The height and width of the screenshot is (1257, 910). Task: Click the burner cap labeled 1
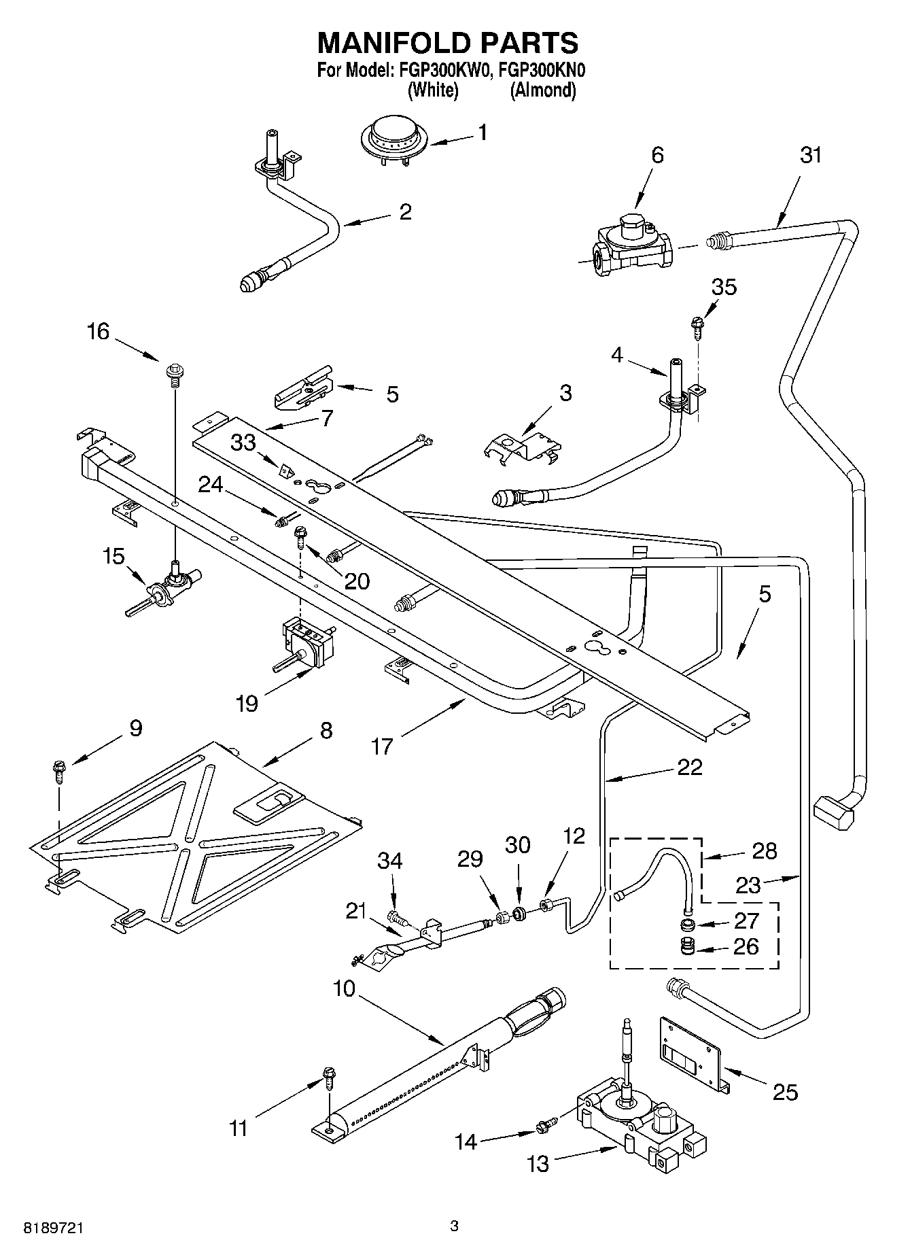point(388,140)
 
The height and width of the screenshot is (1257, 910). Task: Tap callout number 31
point(811,155)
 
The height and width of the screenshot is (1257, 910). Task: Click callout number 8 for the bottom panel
point(326,731)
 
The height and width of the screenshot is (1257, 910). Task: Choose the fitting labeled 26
point(689,947)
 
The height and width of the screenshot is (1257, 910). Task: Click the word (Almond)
point(543,90)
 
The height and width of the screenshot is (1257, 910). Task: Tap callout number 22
point(690,767)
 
